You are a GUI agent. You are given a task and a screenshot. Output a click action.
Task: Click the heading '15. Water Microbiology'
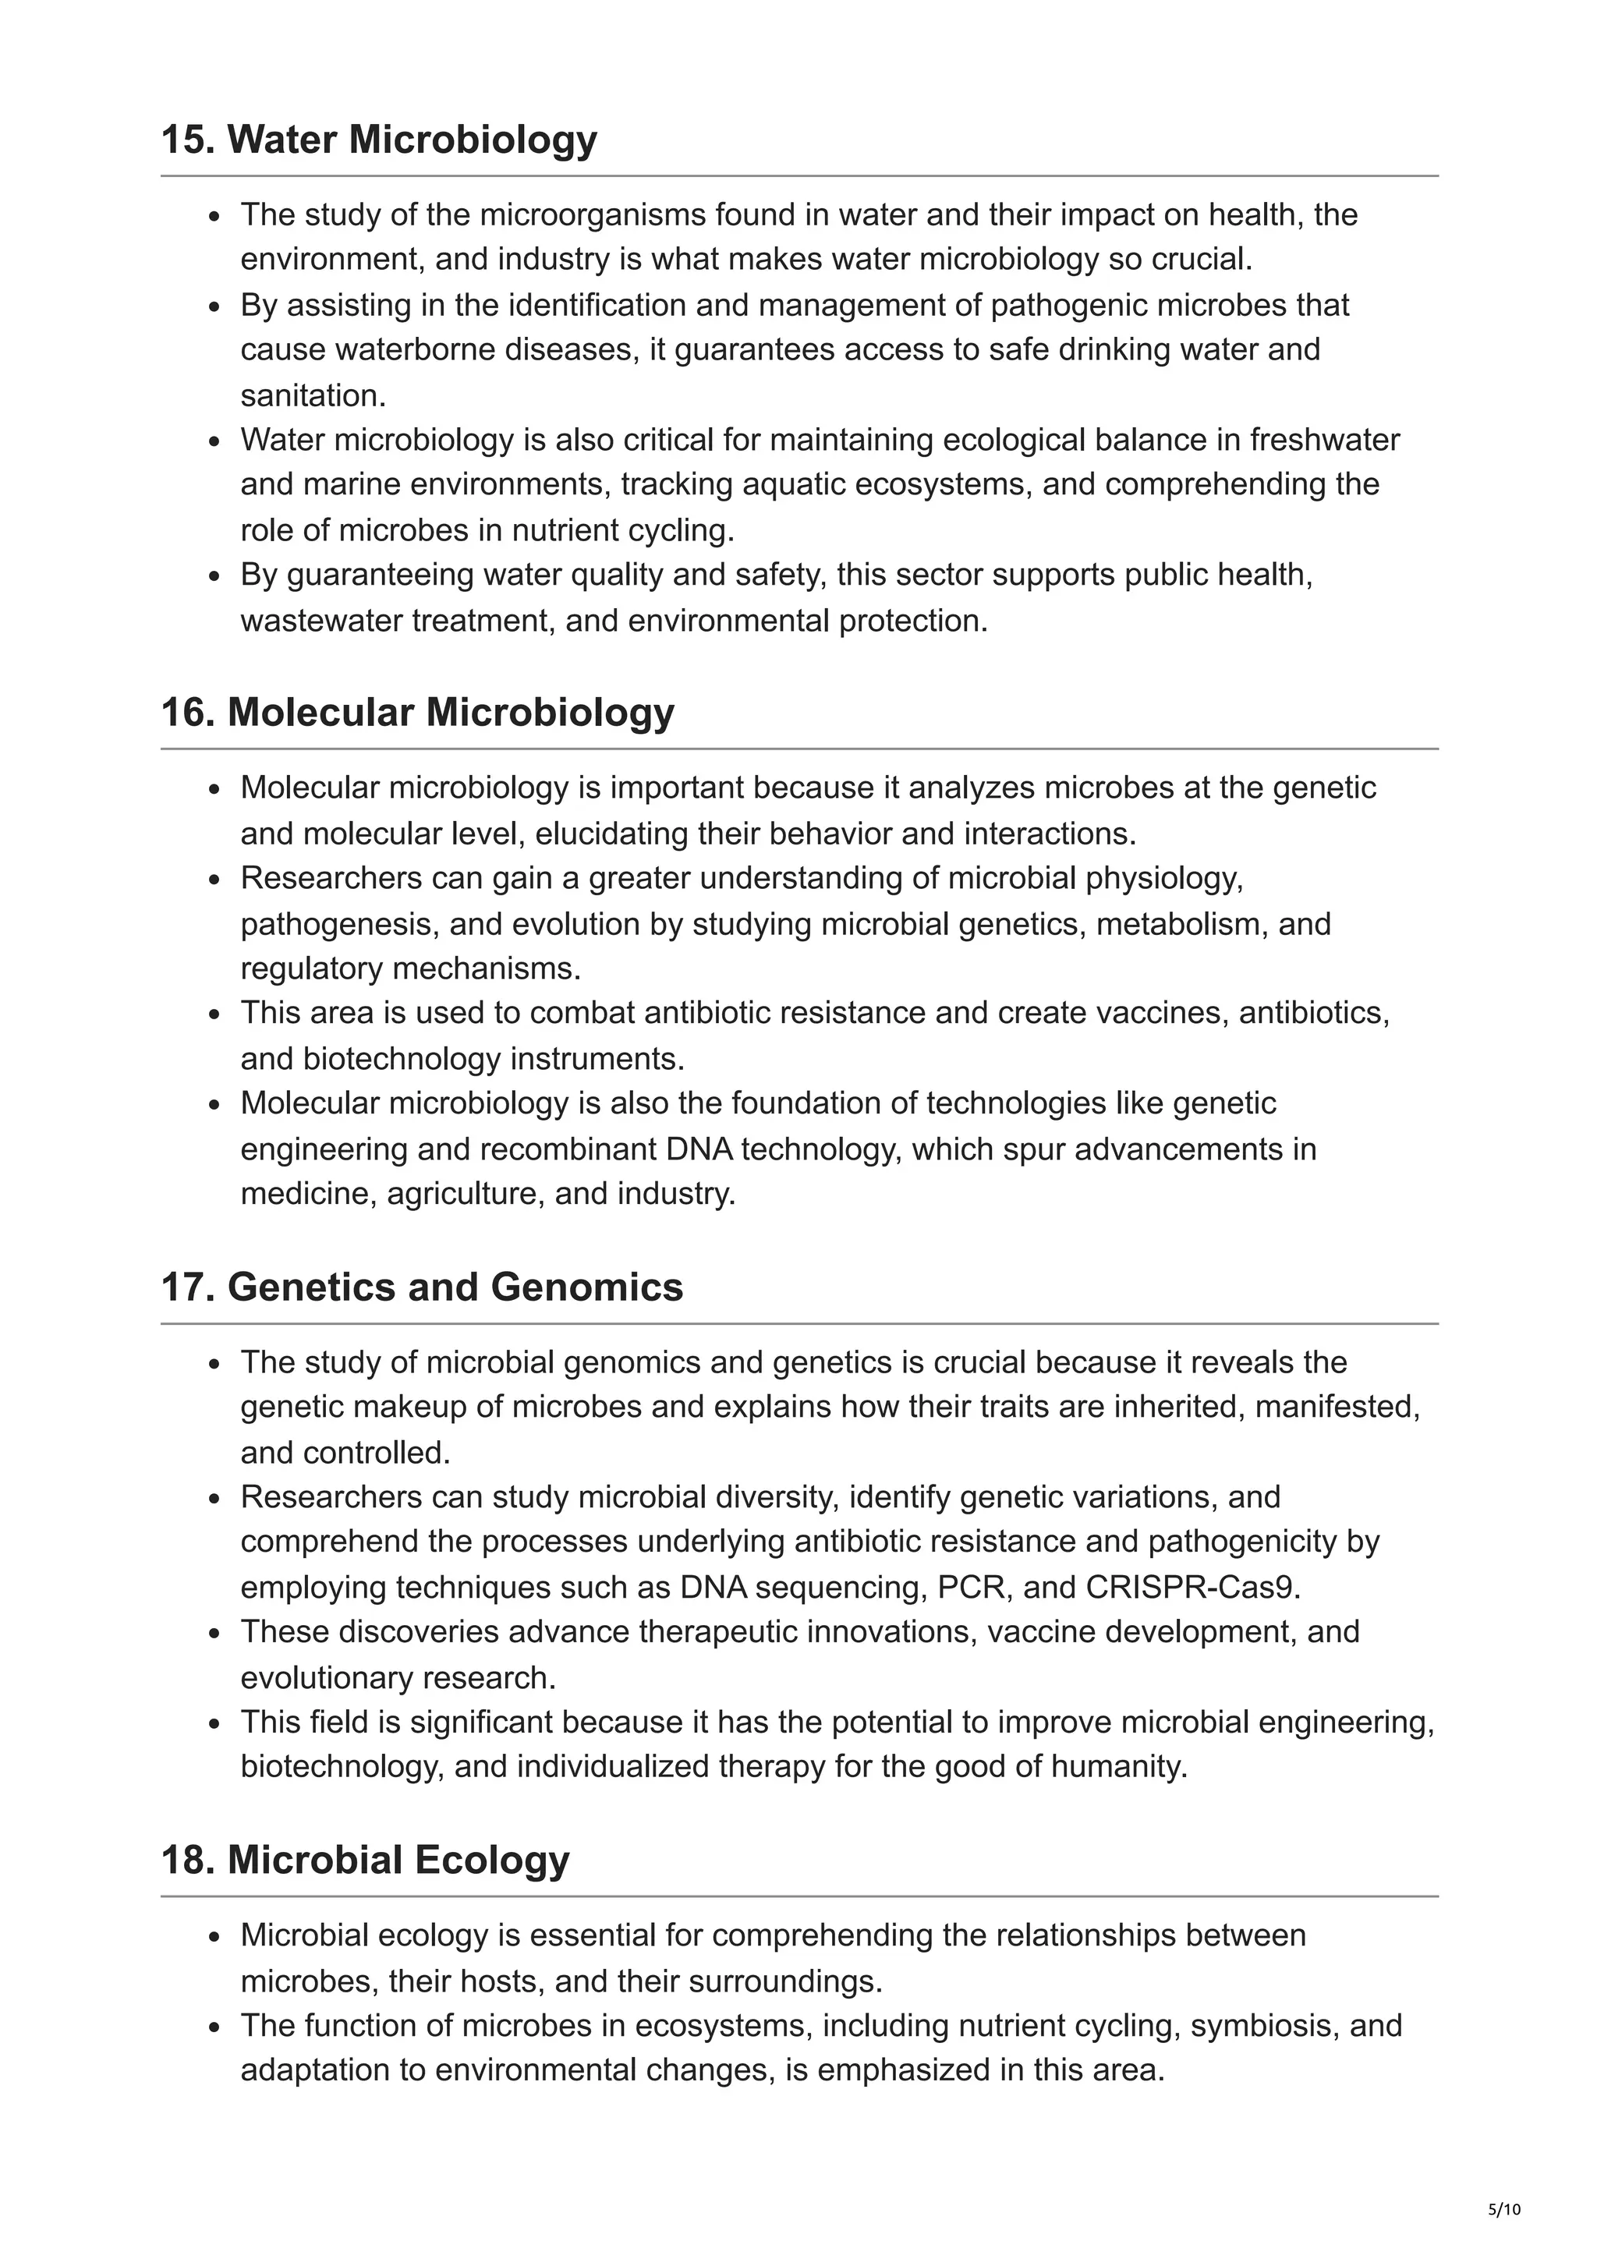pos(378,140)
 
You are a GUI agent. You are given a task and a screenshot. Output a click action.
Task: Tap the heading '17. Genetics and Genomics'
pos(421,1287)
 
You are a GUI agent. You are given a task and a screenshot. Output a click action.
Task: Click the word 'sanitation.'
pos(313,395)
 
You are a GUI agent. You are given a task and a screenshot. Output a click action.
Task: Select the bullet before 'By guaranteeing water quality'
pos(214,576)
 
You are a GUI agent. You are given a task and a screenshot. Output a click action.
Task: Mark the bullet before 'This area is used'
pos(214,1014)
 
